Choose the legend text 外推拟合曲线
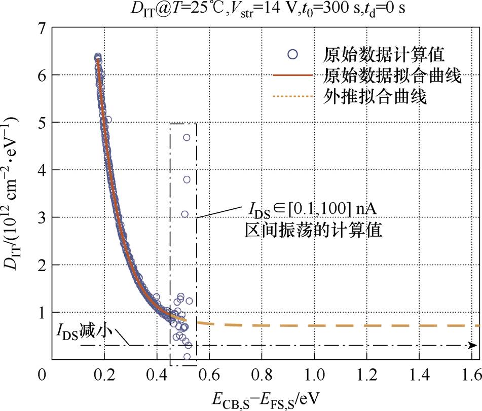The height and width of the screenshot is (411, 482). point(375,97)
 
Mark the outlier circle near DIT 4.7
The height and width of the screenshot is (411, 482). point(187,137)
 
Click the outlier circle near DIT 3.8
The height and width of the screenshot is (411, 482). point(187,179)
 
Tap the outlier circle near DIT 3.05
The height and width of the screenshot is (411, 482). point(184,214)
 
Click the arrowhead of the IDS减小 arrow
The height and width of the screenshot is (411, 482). point(473,346)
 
